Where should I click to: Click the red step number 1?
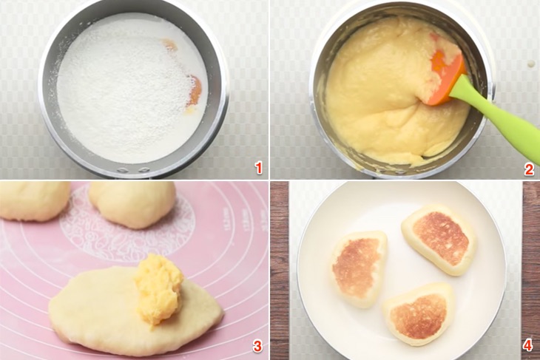(258, 169)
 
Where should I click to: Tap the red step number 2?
(528, 169)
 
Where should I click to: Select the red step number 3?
(257, 346)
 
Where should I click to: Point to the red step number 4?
(527, 345)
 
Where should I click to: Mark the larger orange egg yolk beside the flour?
(195, 91)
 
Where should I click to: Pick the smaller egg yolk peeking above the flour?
(171, 45)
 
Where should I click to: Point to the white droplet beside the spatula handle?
(531, 64)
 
